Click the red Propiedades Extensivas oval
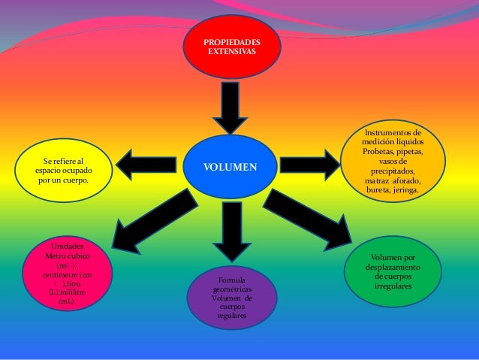[x=232, y=47]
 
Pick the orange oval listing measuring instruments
[x=392, y=161]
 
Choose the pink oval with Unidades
[x=67, y=273]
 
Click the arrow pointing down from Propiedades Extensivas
[x=230, y=107]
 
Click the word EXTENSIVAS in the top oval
[x=232, y=52]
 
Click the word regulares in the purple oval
[x=232, y=316]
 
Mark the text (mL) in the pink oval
[x=66, y=301]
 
